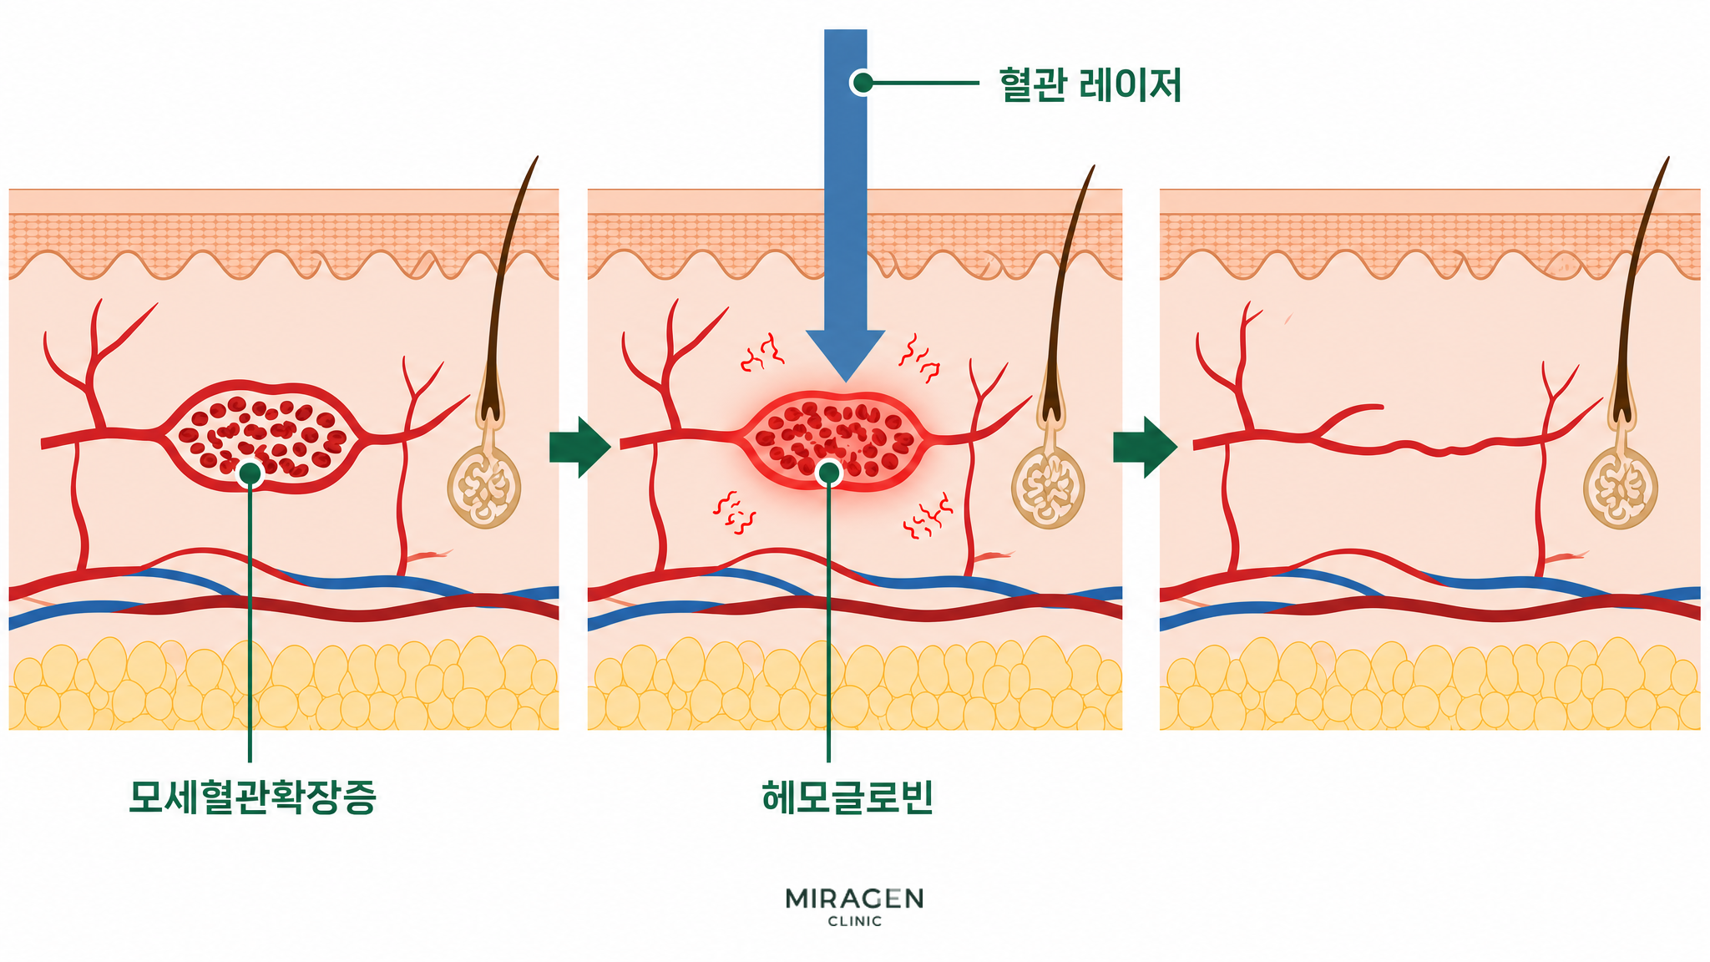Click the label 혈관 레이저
(1090, 85)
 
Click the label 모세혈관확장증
(252, 797)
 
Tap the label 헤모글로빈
(847, 797)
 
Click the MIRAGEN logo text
(854, 899)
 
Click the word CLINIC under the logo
(854, 922)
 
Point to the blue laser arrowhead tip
(845, 382)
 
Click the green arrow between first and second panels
(580, 447)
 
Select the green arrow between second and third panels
(1145, 447)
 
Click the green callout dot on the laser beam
(863, 83)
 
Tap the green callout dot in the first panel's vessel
(250, 473)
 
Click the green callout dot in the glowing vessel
(829, 473)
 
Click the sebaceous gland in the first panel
(484, 487)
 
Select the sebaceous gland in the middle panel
(1048, 487)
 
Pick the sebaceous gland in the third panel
(1621, 488)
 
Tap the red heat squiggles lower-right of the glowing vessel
(928, 516)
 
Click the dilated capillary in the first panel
(263, 435)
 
